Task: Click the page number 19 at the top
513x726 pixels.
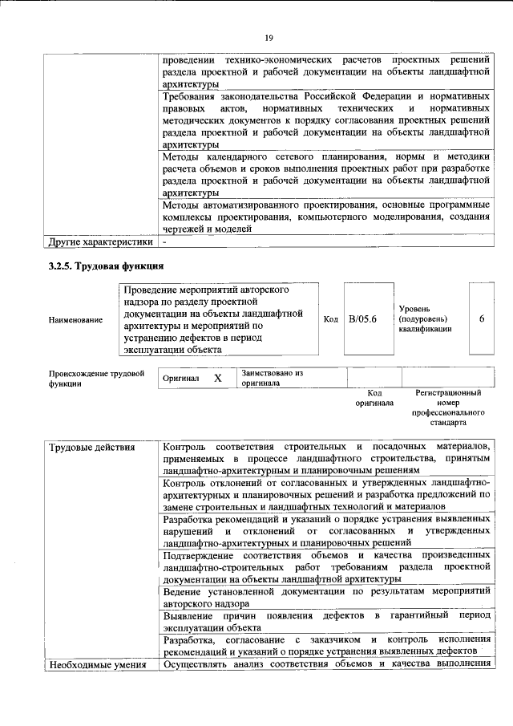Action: coord(269,38)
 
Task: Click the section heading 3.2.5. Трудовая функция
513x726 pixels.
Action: coord(106,266)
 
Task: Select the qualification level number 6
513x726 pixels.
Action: coord(482,319)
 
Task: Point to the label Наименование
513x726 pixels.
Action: coord(75,320)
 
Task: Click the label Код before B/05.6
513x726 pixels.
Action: coord(330,319)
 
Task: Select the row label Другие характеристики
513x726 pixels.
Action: coord(99,241)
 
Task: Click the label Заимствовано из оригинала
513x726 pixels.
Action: coord(273,378)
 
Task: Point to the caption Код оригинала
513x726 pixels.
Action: coord(374,398)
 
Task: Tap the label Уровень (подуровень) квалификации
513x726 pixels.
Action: coord(424,319)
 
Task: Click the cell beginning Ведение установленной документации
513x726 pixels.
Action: coord(325,597)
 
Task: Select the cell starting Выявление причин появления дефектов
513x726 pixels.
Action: coord(325,621)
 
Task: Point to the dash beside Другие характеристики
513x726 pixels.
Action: coord(164,241)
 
